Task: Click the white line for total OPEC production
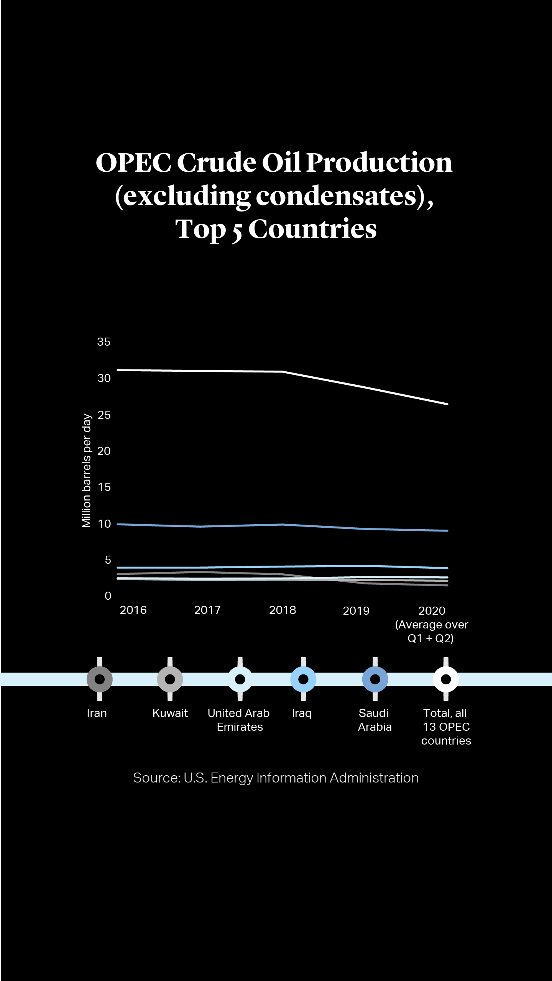199,371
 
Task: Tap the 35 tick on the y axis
103,342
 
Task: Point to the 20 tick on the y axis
103,451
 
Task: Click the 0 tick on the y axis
108,596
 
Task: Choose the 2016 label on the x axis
133,610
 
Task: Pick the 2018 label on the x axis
283,610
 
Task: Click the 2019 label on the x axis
356,610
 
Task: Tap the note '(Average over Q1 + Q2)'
431,632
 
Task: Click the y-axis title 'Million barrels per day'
87,471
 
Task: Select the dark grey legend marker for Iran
100,679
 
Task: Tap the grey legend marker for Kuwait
170,679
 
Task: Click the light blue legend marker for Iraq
303,679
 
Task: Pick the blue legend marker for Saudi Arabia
375,679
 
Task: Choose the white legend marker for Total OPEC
446,679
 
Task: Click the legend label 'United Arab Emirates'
239,720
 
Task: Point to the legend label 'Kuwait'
170,713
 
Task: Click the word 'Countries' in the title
312,229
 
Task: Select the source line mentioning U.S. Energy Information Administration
276,778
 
